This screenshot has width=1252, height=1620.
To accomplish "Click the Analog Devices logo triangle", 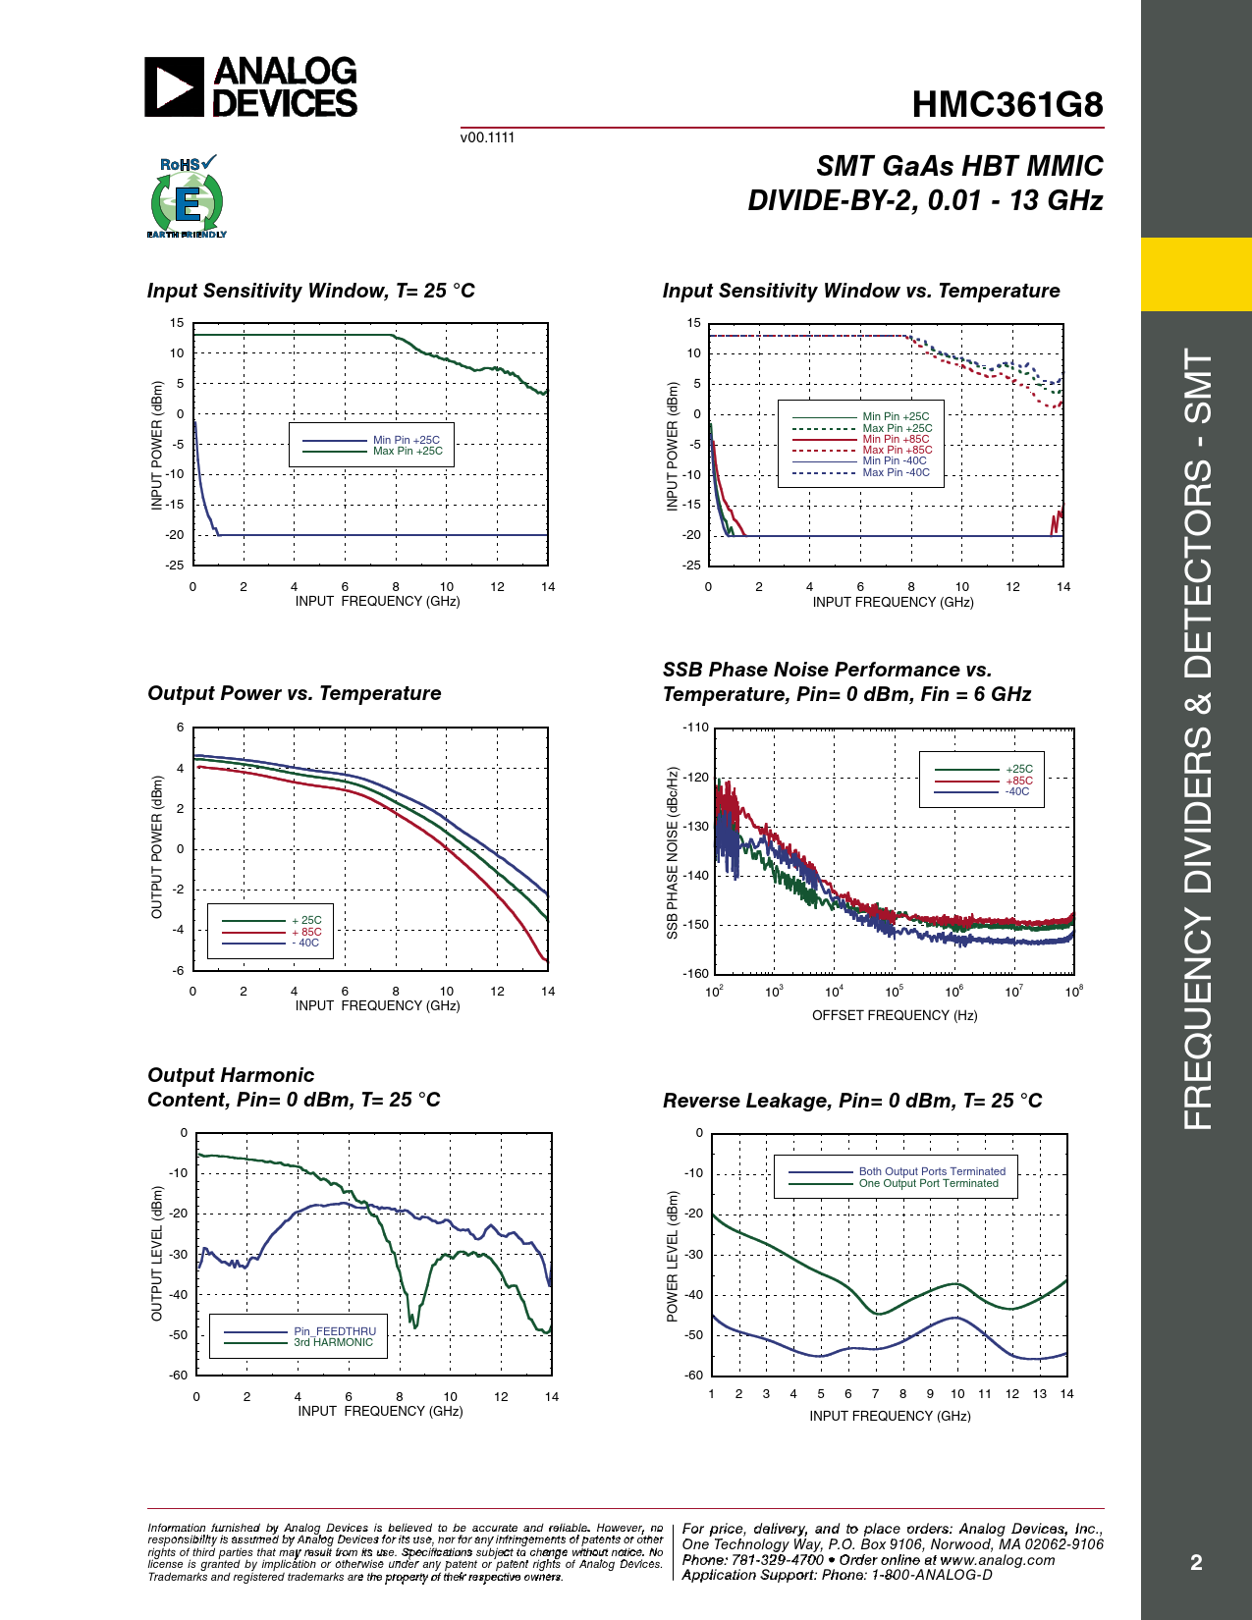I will [x=174, y=87].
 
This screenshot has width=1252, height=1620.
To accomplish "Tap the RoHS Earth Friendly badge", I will [x=187, y=197].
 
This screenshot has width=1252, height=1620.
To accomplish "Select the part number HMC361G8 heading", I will [x=1007, y=105].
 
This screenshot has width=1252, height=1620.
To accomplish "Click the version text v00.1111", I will [x=487, y=137].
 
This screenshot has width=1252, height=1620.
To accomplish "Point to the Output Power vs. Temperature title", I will [x=295, y=693].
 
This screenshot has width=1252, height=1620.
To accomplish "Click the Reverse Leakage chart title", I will [x=852, y=1101].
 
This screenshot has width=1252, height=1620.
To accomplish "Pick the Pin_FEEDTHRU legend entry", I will [x=335, y=1331].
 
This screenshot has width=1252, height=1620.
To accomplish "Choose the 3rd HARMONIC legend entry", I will [x=334, y=1343].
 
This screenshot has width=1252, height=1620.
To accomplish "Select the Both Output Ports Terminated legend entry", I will [x=932, y=1171].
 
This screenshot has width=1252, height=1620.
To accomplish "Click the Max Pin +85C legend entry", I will [x=898, y=450].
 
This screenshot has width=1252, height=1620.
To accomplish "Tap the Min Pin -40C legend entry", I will [x=895, y=460].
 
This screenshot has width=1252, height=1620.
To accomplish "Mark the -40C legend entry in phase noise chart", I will [x=1017, y=791].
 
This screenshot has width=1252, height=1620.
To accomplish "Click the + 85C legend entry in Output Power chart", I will [x=306, y=932].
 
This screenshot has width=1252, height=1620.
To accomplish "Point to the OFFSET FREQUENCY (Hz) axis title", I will [x=895, y=1015].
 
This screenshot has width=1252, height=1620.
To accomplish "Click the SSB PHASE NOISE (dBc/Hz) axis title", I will [x=673, y=853].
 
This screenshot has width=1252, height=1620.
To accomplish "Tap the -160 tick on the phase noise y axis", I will [x=696, y=973].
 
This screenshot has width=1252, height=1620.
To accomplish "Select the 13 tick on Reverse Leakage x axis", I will [x=1039, y=1394].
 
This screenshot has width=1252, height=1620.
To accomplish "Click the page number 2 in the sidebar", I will [x=1196, y=1563].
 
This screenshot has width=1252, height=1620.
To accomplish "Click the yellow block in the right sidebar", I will [x=1196, y=274].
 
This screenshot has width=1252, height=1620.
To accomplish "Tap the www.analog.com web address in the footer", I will [x=997, y=1560].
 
